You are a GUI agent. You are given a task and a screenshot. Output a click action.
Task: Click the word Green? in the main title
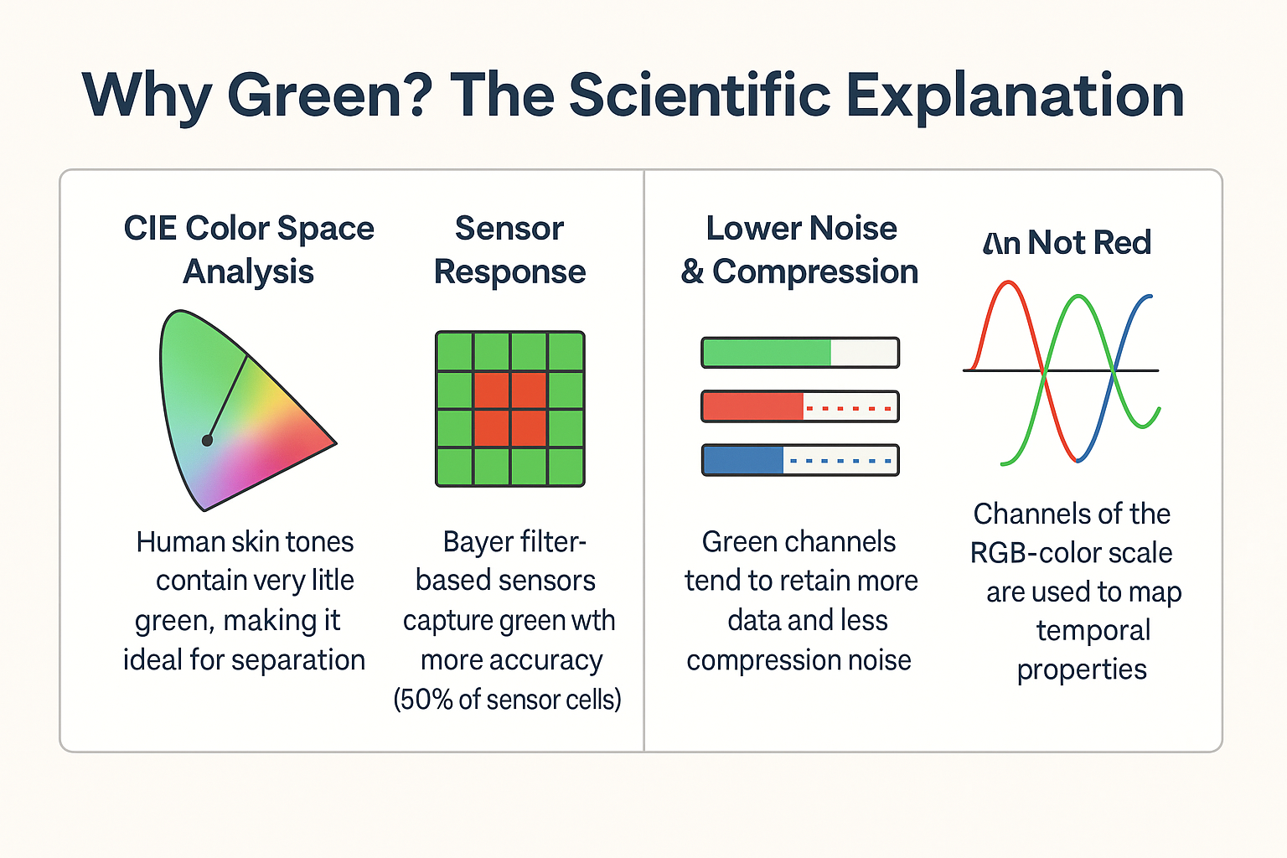point(329,96)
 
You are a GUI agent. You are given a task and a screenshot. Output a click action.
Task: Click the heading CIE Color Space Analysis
point(249,250)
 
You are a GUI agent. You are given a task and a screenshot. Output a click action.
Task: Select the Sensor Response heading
point(509,250)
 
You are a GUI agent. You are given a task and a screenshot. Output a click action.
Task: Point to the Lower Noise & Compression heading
point(800,250)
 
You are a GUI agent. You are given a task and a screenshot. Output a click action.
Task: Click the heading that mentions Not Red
point(1067,243)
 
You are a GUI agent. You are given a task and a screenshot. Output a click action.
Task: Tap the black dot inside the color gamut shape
point(207,440)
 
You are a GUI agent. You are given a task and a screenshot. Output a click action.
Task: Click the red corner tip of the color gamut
point(331,443)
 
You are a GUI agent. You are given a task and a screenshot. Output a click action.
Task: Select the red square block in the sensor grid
point(510,409)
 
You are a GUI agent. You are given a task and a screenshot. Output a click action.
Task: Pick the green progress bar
point(799,353)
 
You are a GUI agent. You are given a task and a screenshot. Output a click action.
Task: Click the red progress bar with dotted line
point(799,407)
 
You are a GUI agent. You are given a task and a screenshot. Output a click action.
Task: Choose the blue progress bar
point(799,461)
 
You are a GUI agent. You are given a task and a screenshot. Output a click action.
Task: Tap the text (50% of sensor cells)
point(508,699)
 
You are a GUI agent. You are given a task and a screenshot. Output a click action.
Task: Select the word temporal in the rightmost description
point(1093,630)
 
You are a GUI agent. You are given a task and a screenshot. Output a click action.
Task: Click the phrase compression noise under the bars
point(799,660)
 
